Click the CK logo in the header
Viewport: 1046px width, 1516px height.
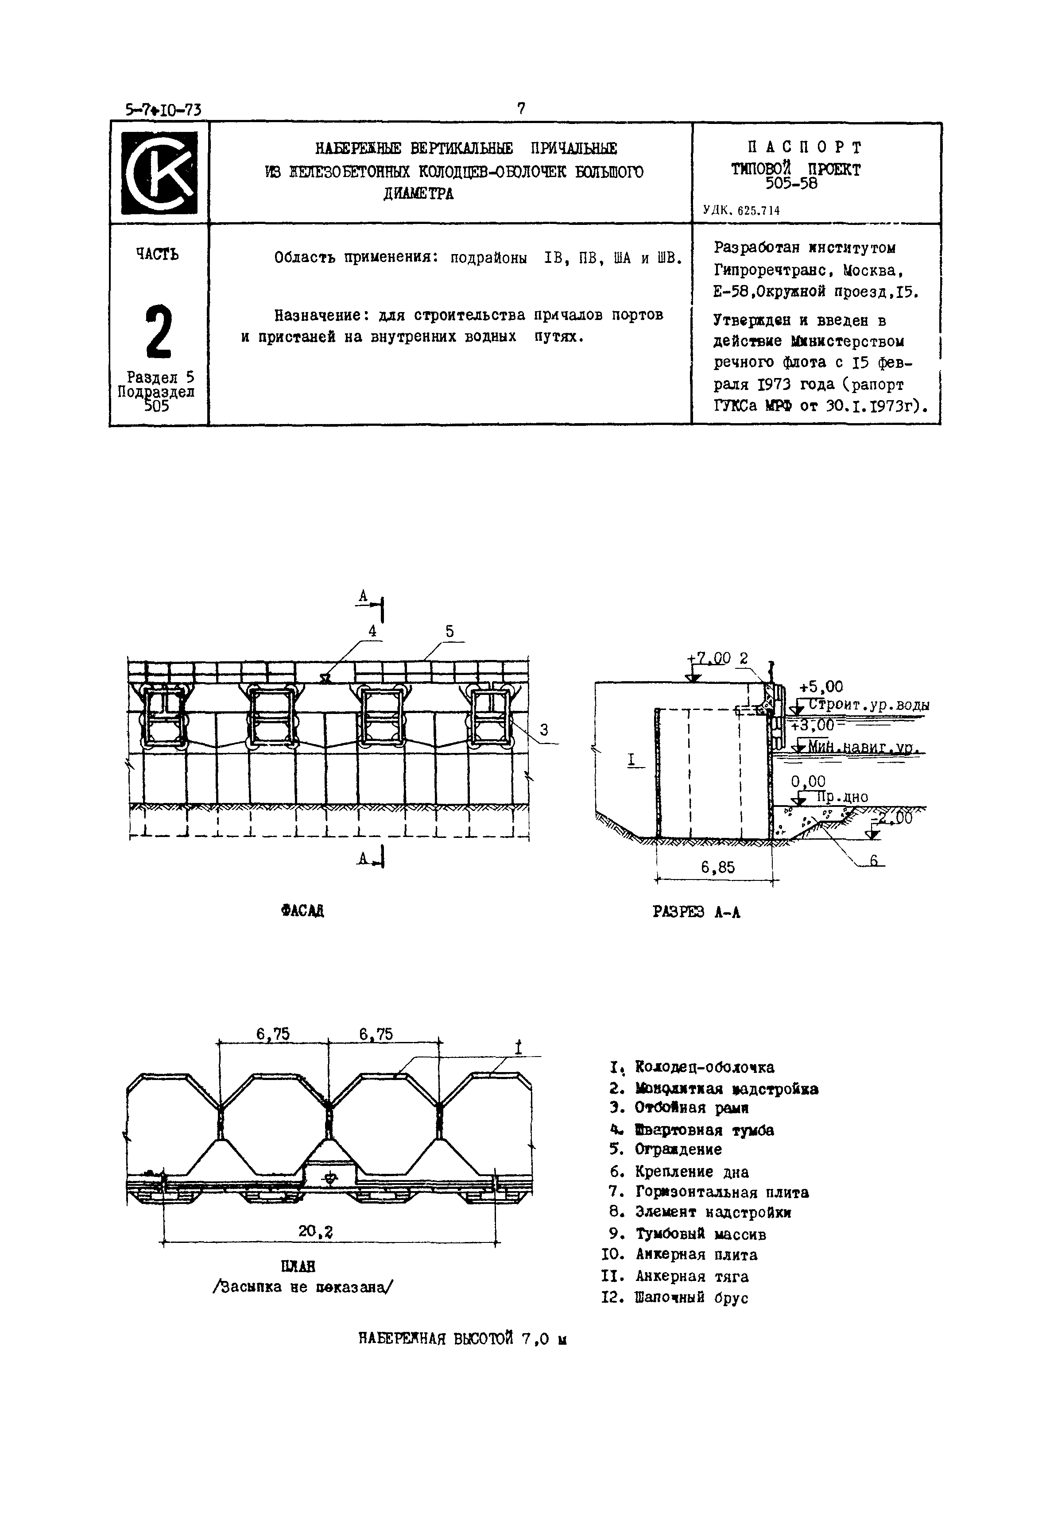point(159,173)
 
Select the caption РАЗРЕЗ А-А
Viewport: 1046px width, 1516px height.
point(696,912)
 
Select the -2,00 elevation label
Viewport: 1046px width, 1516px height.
point(894,818)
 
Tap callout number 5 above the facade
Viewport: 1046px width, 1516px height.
point(449,632)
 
